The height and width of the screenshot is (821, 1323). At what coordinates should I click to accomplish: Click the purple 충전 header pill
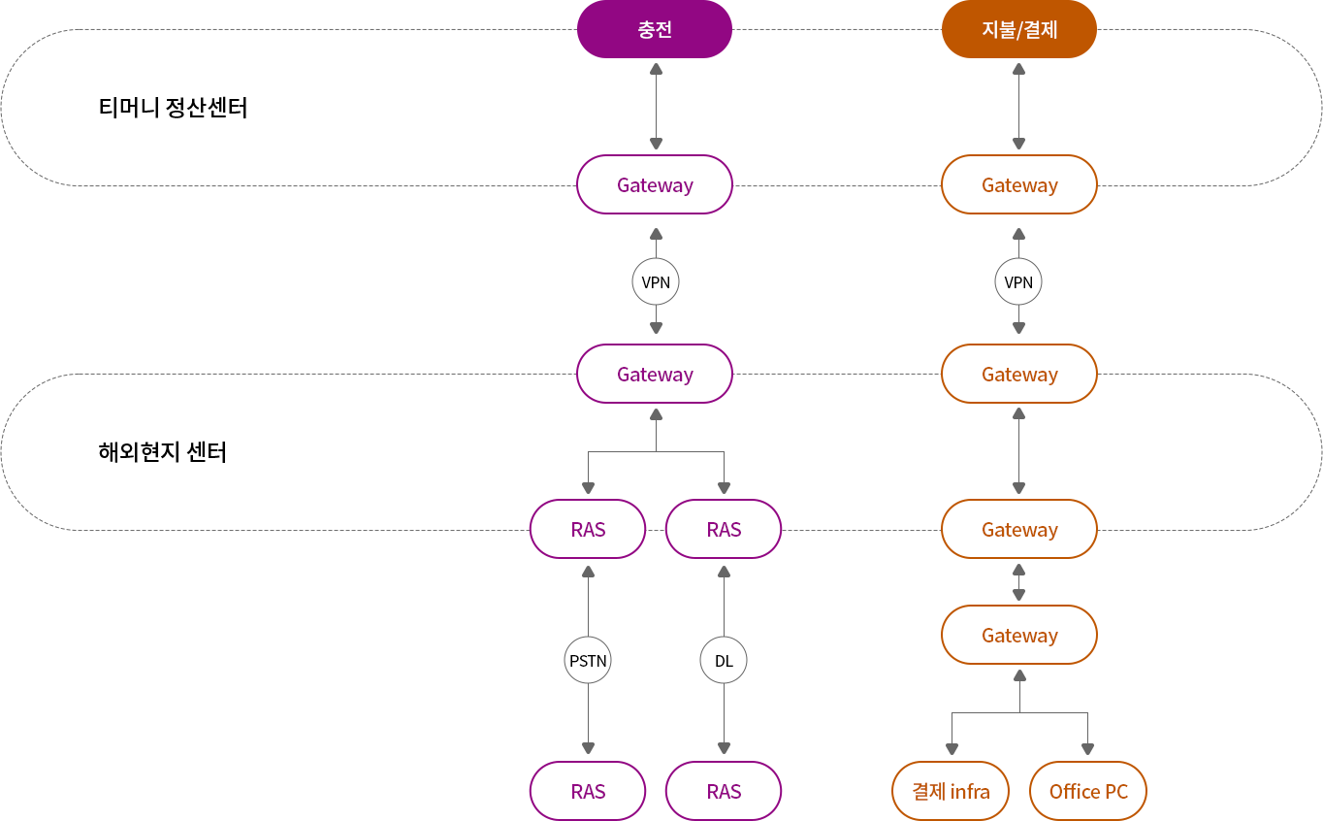655,29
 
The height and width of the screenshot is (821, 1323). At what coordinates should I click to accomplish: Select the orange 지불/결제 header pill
1019,29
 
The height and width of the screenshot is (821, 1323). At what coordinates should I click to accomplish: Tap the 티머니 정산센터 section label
173,108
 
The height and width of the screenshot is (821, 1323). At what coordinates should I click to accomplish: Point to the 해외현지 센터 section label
162,452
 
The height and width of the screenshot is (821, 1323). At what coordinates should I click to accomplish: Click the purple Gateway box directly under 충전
655,184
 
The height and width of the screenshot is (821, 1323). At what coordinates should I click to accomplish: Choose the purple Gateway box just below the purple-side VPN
655,374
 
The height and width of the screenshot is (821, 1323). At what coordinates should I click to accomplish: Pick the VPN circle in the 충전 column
656,282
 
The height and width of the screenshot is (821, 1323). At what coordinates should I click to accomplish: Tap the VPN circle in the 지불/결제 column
1018,282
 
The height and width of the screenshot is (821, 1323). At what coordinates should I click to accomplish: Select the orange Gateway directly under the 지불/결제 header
1019,184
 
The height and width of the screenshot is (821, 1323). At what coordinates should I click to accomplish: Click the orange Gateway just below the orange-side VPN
1019,374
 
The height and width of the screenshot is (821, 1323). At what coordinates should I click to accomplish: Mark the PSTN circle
588,661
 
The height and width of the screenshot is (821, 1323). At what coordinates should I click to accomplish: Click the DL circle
724,661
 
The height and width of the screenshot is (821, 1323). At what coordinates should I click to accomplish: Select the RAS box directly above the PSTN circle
588,529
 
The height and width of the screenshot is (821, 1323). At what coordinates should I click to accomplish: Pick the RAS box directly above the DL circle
724,529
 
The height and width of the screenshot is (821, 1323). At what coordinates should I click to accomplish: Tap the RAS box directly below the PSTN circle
588,791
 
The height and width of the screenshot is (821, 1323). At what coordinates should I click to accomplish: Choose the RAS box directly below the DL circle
724,791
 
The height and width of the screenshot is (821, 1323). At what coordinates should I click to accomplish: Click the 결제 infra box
951,791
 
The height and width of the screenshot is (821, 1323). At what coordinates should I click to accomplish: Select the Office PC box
1088,791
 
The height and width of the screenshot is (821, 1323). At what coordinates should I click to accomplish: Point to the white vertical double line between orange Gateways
1018,450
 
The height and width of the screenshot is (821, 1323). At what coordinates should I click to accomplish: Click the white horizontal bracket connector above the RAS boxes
656,451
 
